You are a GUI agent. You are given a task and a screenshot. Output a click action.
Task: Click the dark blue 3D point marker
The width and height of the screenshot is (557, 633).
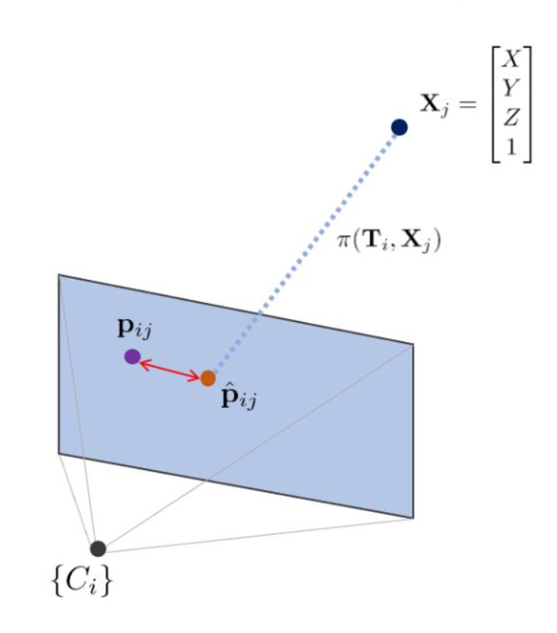(x=399, y=127)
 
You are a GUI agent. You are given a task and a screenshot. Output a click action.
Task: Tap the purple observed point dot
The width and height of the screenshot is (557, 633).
(x=132, y=356)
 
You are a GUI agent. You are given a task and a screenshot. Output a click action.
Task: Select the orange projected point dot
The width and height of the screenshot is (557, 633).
(x=208, y=378)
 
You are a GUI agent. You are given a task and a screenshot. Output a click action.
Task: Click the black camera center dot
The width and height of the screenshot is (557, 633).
(x=98, y=548)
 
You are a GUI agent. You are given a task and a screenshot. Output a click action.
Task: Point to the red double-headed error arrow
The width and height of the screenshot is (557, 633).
(x=170, y=368)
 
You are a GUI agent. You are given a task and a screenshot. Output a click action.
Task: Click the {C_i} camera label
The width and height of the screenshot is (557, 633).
(x=83, y=583)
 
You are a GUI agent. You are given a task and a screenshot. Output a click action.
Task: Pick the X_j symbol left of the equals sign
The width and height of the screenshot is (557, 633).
(x=437, y=104)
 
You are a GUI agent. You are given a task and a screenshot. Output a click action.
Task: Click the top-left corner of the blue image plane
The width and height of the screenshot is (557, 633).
(x=59, y=276)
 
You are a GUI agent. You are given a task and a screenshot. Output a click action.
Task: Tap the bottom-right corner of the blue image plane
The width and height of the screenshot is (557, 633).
(x=412, y=517)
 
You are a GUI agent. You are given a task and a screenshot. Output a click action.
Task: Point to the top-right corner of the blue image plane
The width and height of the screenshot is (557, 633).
(x=412, y=344)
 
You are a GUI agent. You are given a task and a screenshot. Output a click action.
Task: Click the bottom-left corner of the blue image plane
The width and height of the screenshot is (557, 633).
(x=59, y=453)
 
